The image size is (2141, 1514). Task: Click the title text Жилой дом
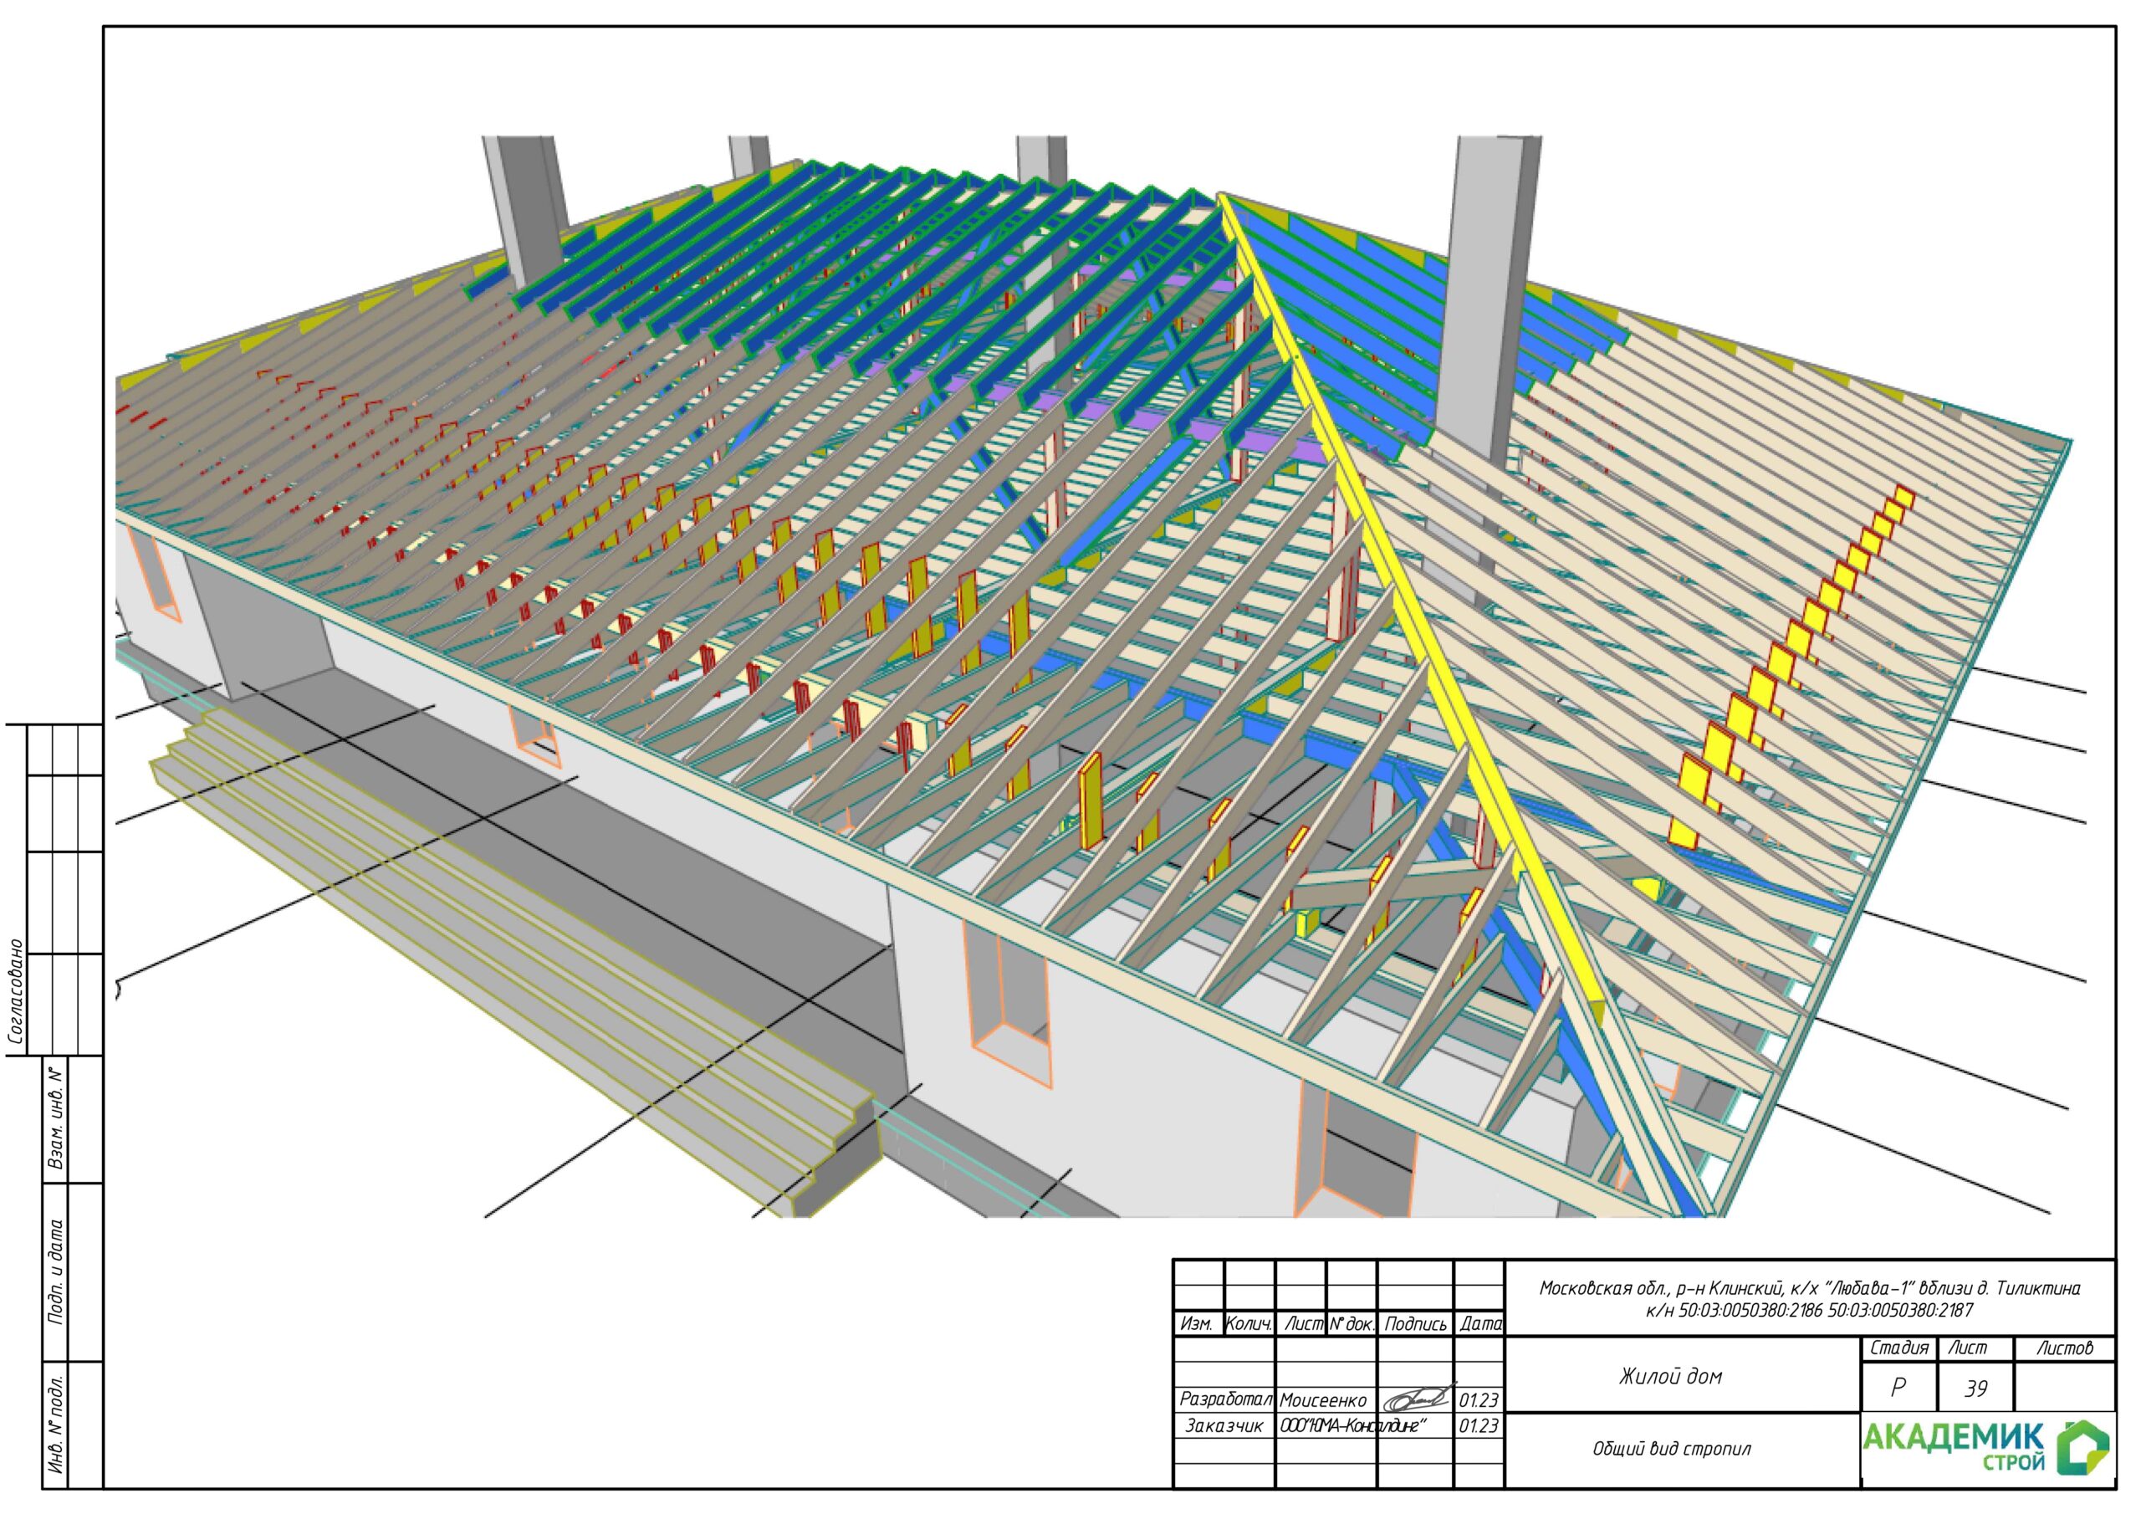pyautogui.click(x=1669, y=1376)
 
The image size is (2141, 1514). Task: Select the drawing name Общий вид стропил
pyautogui.click(x=1672, y=1450)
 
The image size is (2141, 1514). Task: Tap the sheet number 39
pyautogui.click(x=1975, y=1389)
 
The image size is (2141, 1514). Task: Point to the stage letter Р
pyautogui.click(x=1898, y=1388)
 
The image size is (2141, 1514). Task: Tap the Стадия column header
pyautogui.click(x=1898, y=1348)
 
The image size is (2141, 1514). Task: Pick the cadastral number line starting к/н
pyautogui.click(x=1808, y=1310)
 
